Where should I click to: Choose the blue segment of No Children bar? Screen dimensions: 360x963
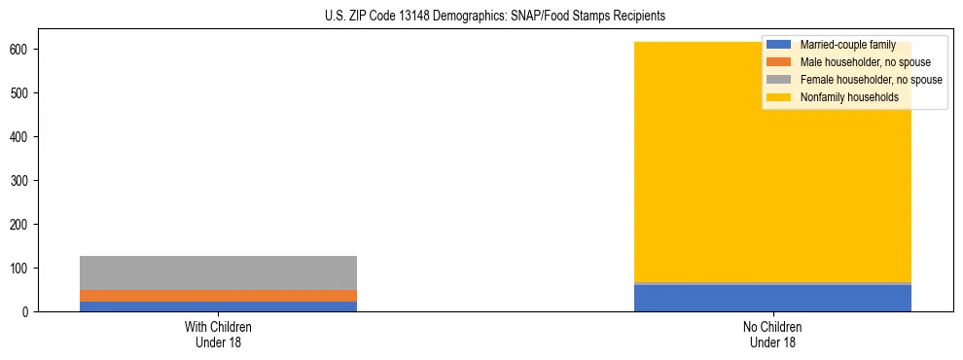tap(772, 298)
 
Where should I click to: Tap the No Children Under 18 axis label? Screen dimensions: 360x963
tap(772, 335)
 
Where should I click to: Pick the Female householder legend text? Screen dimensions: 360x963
tap(871, 80)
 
